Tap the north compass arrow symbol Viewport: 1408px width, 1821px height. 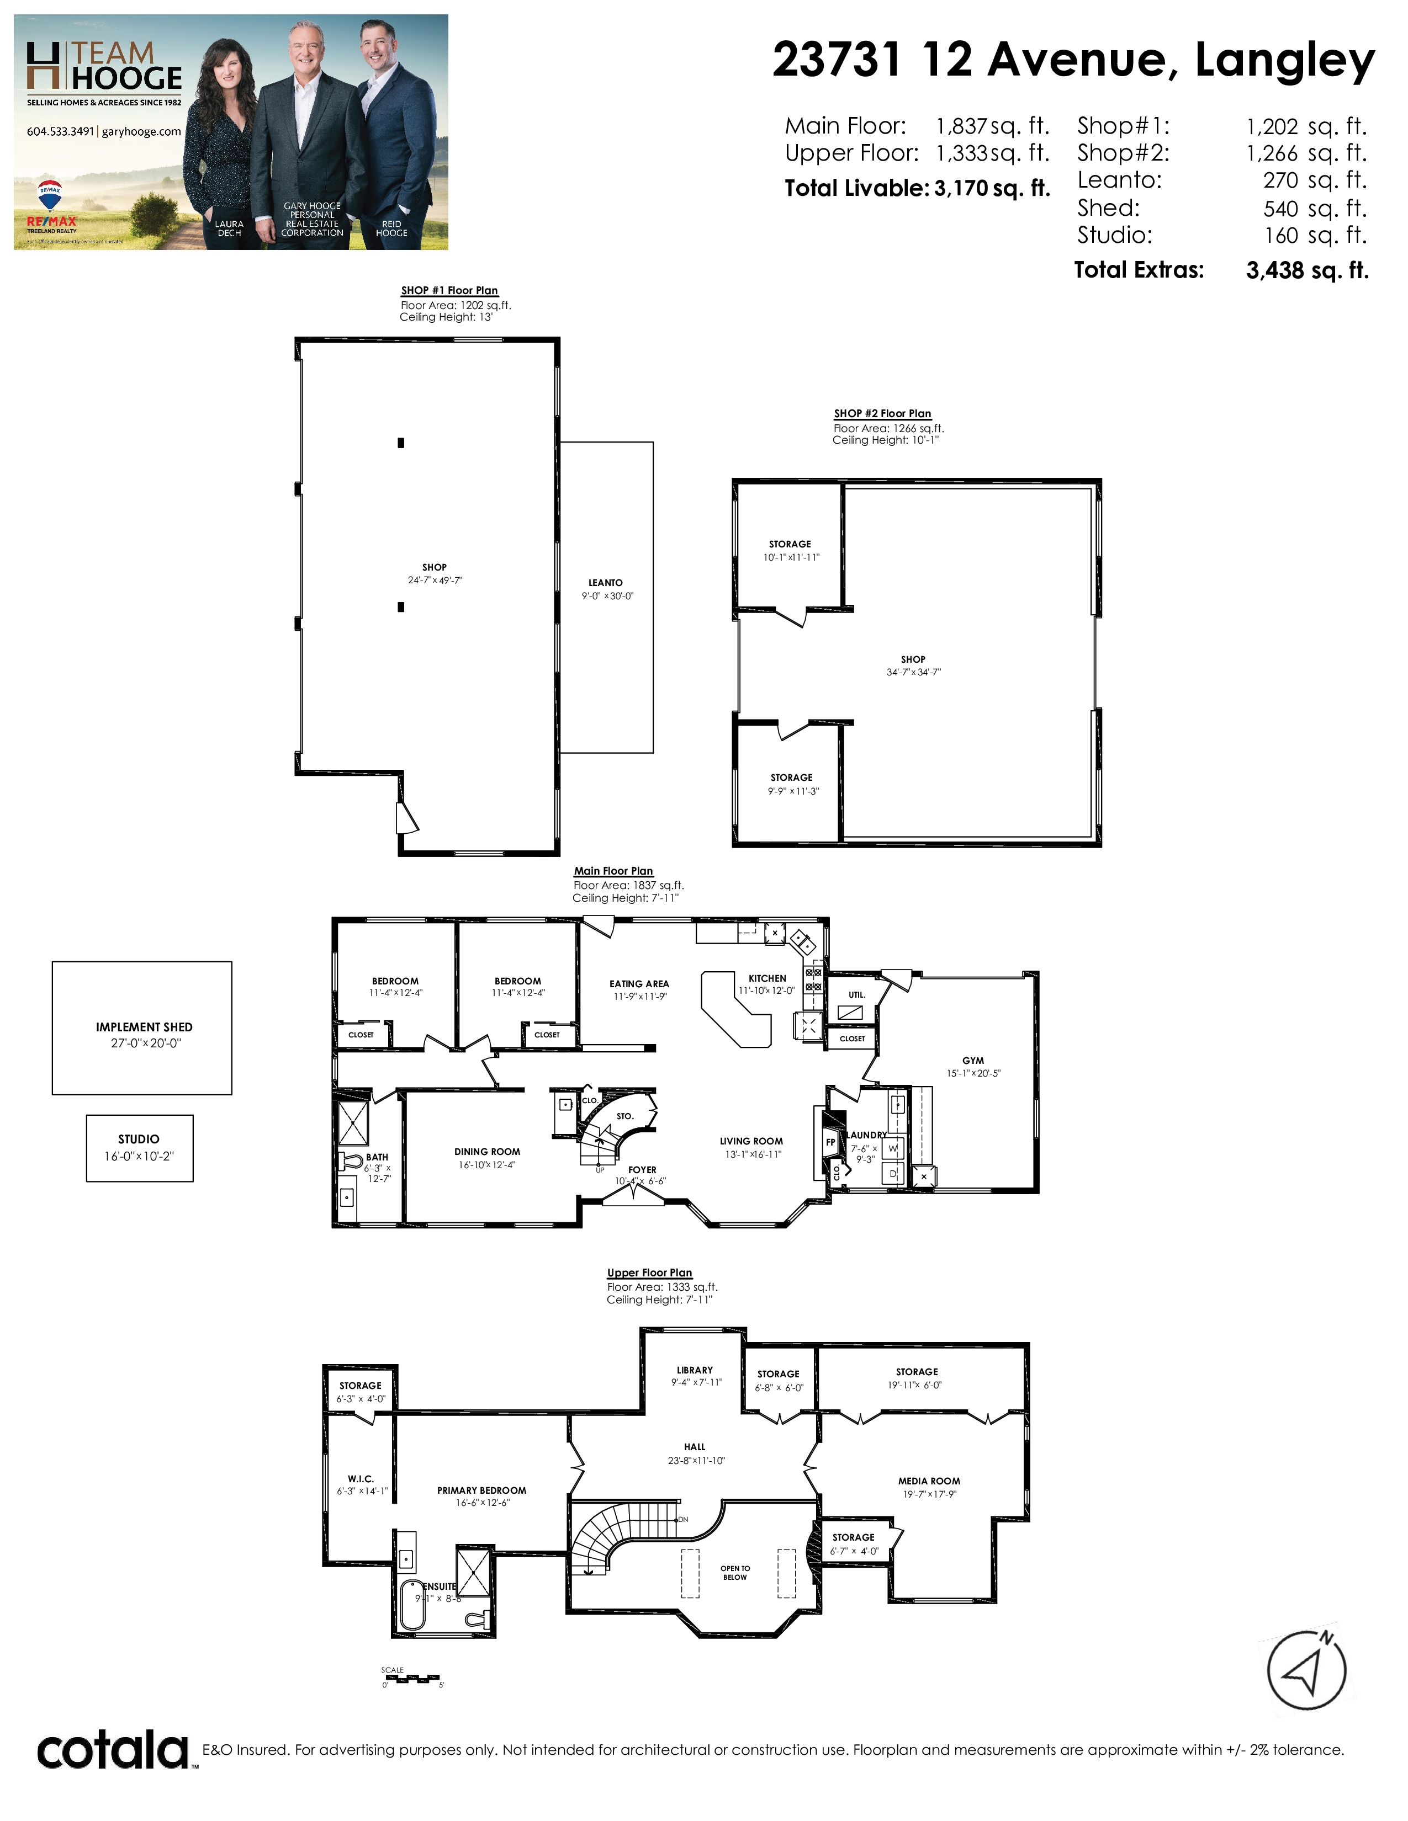coord(1306,1671)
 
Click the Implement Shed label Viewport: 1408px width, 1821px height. coord(144,1027)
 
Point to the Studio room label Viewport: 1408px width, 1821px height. coord(139,1139)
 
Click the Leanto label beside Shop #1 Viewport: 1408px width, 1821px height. coord(606,583)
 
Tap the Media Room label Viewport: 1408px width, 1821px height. coord(929,1481)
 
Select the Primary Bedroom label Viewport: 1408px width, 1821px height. coord(481,1490)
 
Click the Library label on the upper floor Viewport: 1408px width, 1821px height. coord(695,1370)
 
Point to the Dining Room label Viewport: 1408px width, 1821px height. coord(487,1152)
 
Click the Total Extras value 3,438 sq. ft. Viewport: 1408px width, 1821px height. coord(1307,270)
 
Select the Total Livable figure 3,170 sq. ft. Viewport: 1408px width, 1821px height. coord(992,188)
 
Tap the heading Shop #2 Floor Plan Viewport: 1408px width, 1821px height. coord(882,413)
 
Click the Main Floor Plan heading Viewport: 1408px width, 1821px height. coord(613,870)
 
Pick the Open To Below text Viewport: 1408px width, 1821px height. coord(735,1573)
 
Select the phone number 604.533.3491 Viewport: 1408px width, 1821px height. coord(60,132)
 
